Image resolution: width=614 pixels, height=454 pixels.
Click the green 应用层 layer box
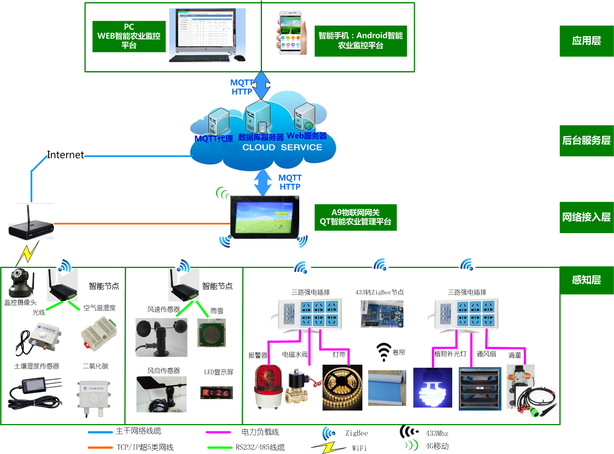pos(586,41)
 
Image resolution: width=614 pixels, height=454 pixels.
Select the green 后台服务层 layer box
pos(586,141)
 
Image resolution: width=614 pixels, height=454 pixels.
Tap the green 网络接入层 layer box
pos(586,217)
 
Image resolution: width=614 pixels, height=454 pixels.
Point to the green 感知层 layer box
pos(586,280)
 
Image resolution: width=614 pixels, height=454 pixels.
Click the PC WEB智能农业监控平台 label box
pos(129,36)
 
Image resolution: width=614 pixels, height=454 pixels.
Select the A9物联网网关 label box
pos(355,217)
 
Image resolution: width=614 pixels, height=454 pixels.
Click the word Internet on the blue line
pos(65,155)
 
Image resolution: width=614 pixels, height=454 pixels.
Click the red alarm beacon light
pos(268,386)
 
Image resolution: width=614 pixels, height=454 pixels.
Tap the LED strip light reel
pos(342,387)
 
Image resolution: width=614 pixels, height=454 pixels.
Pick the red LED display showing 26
pos(217,393)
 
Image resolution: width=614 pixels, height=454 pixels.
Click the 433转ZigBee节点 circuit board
pos(382,314)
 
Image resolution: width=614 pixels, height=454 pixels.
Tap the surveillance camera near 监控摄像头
pos(18,283)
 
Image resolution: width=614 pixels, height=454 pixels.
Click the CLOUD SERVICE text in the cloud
pos(282,147)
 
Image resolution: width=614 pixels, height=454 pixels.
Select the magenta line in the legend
pos(218,432)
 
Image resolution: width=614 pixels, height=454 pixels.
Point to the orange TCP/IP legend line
pos(100,448)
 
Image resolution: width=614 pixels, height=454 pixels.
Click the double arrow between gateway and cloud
pos(263,182)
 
